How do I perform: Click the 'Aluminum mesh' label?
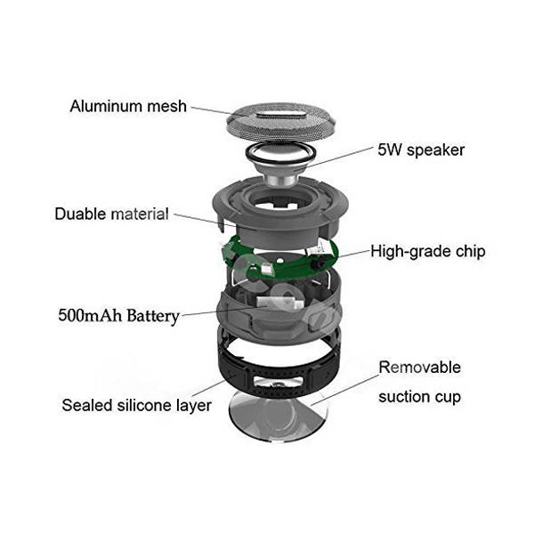(128, 107)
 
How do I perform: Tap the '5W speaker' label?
(421, 149)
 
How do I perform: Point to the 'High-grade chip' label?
(428, 251)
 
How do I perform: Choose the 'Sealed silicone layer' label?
(136, 406)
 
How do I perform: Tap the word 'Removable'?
(419, 367)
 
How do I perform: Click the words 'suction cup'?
(419, 396)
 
